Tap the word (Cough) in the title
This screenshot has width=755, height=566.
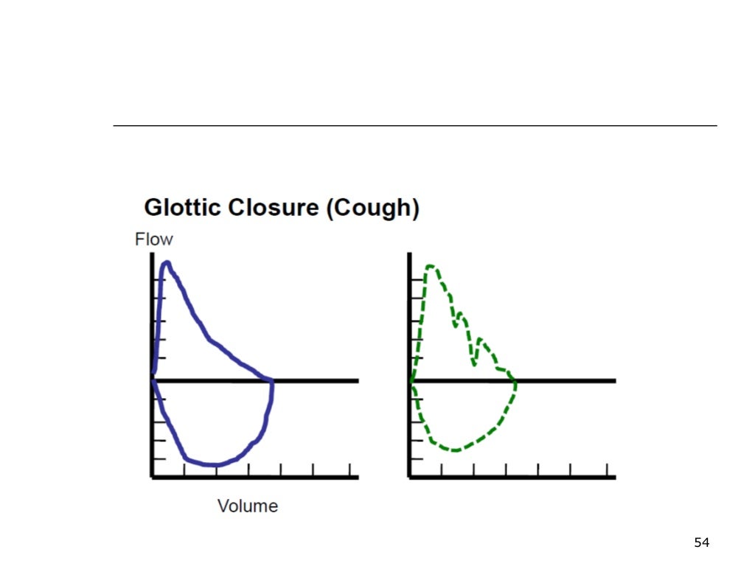click(x=372, y=209)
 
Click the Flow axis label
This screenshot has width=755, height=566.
click(x=153, y=240)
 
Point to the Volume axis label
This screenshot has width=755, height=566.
click(x=248, y=506)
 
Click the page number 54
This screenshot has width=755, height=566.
click(x=701, y=543)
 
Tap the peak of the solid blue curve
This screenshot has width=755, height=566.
click(x=167, y=262)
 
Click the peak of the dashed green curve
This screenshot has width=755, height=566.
click(x=430, y=266)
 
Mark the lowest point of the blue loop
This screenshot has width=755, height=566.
click(x=214, y=465)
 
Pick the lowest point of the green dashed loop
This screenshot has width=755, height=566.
click(x=455, y=450)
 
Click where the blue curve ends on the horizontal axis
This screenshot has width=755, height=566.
click(x=272, y=380)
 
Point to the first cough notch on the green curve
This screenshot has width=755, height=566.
click(x=456, y=325)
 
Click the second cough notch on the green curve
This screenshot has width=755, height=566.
click(x=474, y=363)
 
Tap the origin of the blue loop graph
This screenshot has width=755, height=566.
click(x=153, y=380)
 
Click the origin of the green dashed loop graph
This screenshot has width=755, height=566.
click(x=410, y=380)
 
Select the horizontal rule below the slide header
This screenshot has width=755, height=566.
click(x=414, y=126)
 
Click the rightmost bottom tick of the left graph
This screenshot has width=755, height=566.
click(x=349, y=470)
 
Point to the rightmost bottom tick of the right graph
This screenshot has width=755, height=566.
click(x=606, y=470)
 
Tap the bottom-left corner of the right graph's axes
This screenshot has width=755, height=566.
click(x=410, y=478)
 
